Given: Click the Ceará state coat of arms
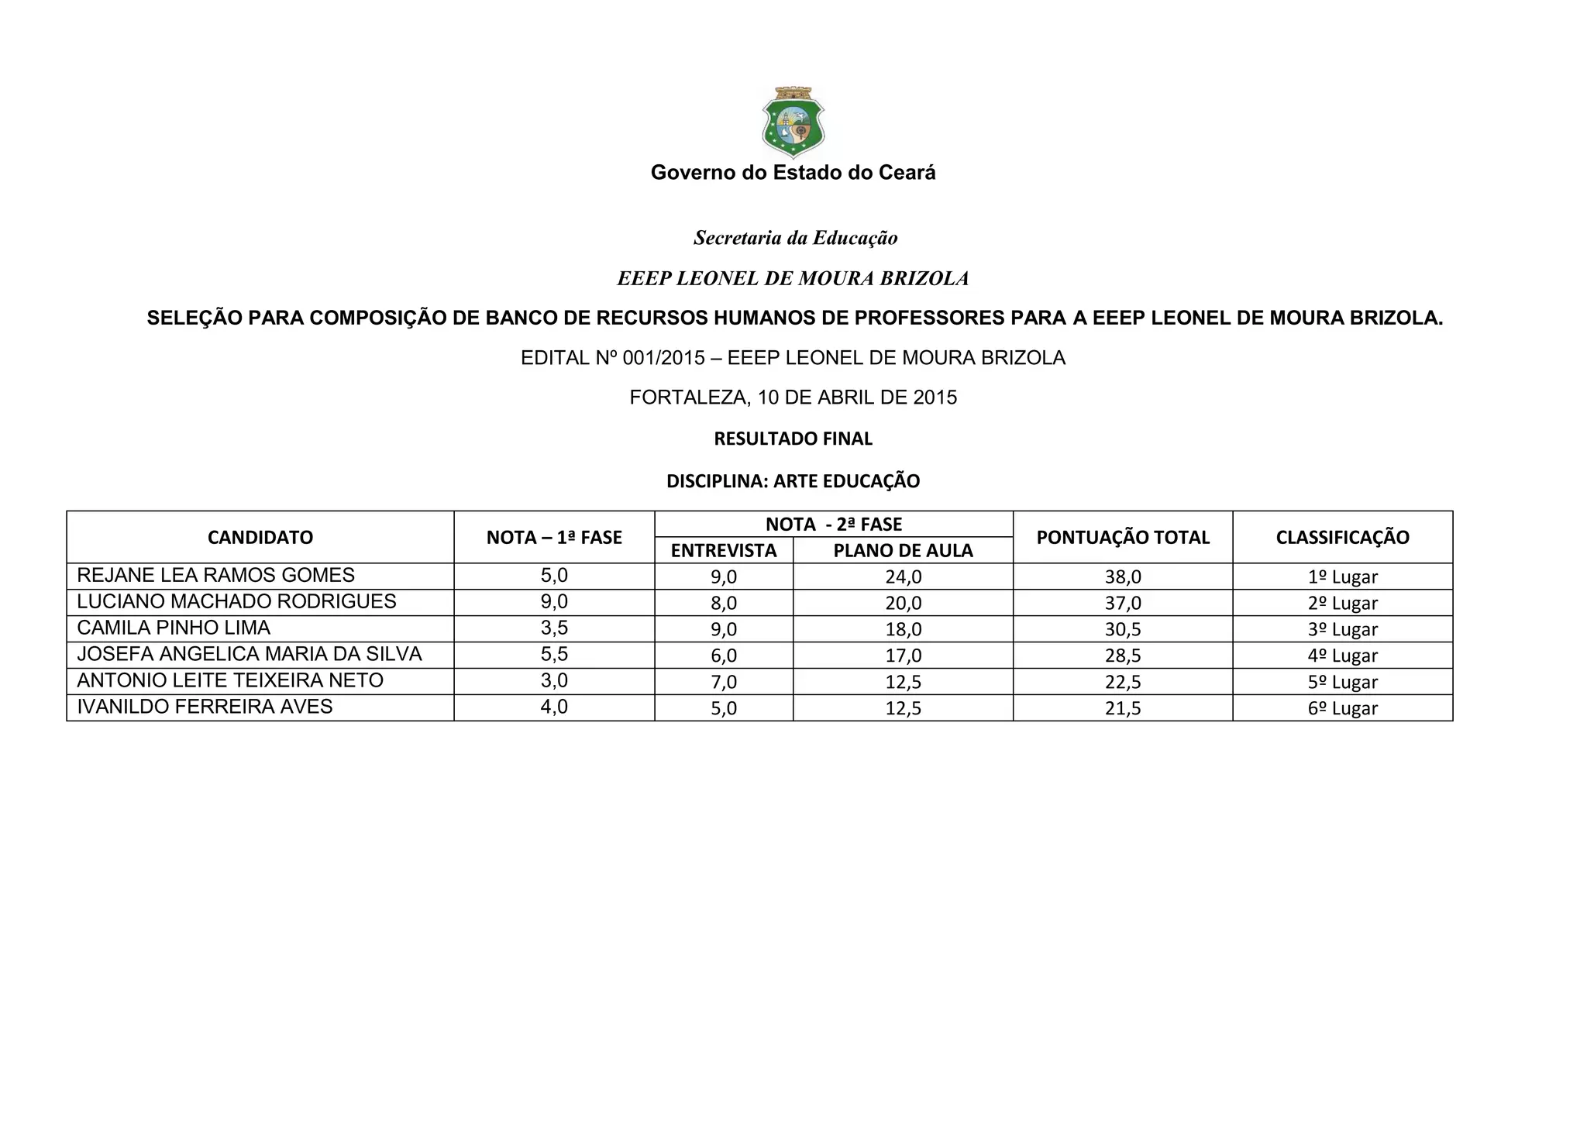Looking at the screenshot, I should click(x=793, y=122).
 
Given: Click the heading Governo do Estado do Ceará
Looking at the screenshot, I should click(x=793, y=173).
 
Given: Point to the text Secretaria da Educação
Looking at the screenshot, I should click(x=795, y=238).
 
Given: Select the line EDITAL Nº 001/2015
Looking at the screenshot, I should click(x=793, y=358).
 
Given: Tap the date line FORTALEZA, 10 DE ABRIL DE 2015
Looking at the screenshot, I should click(x=793, y=398).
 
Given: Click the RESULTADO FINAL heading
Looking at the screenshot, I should click(x=793, y=439).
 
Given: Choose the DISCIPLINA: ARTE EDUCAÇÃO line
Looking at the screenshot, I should click(x=793, y=481).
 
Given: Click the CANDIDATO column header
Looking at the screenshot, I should click(x=260, y=538).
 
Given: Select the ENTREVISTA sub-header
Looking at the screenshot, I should click(x=724, y=551).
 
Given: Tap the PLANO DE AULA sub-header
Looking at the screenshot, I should click(x=903, y=551).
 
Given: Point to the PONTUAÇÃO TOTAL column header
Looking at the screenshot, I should click(x=1123, y=538).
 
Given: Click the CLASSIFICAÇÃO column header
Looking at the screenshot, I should click(x=1342, y=538).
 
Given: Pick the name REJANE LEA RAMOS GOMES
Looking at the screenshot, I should click(x=216, y=576).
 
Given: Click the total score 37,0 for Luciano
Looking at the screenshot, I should click(x=1123, y=604).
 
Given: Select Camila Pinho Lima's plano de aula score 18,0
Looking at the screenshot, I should click(x=904, y=630).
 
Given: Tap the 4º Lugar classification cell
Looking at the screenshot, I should click(x=1342, y=656).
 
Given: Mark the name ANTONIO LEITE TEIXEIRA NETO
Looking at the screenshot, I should click(x=230, y=681).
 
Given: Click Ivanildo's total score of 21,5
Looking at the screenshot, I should click(x=1123, y=709).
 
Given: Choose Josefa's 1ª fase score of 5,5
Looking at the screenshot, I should click(x=554, y=655).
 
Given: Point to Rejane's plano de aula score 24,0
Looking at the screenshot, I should click(x=904, y=577).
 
